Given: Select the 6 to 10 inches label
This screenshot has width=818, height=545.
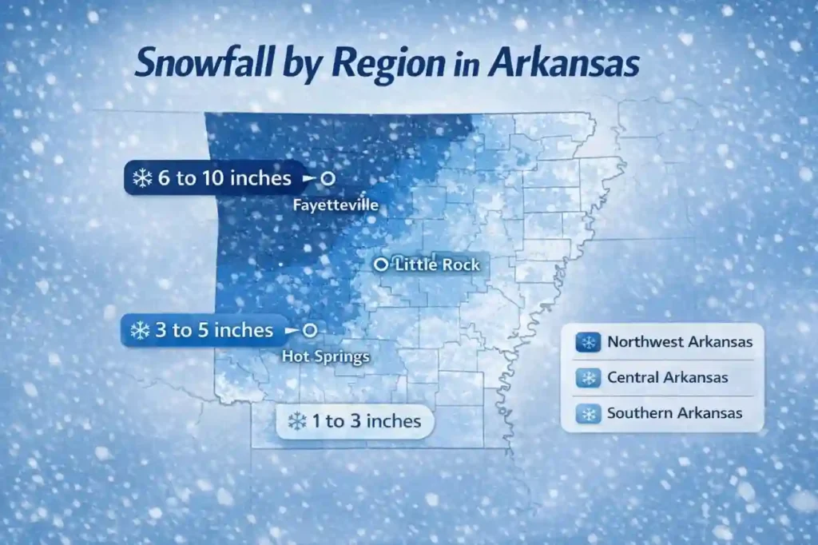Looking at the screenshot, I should (224, 178).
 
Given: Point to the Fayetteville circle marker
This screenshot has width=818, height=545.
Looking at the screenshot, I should (327, 178).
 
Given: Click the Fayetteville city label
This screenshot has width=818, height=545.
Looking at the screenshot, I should (336, 206).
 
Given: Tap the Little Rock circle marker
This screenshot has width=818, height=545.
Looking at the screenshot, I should (381, 264).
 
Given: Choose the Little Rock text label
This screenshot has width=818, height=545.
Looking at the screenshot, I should (438, 264).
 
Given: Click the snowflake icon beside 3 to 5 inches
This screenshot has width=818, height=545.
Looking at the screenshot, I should (140, 330).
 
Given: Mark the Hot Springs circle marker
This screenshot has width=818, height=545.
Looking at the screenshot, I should (310, 329).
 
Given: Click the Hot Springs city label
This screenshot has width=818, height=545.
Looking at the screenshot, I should (326, 356).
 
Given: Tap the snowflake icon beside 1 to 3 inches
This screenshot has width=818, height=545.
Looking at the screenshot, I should (297, 420).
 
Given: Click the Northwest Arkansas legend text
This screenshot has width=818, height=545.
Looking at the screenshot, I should (680, 342).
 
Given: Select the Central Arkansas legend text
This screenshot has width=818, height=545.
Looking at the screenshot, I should (668, 377).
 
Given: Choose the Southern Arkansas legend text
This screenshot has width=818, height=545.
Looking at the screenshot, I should (675, 413).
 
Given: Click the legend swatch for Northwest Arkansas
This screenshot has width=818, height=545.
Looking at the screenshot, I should (589, 342).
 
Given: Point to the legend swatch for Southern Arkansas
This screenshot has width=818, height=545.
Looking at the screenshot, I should (589, 413).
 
